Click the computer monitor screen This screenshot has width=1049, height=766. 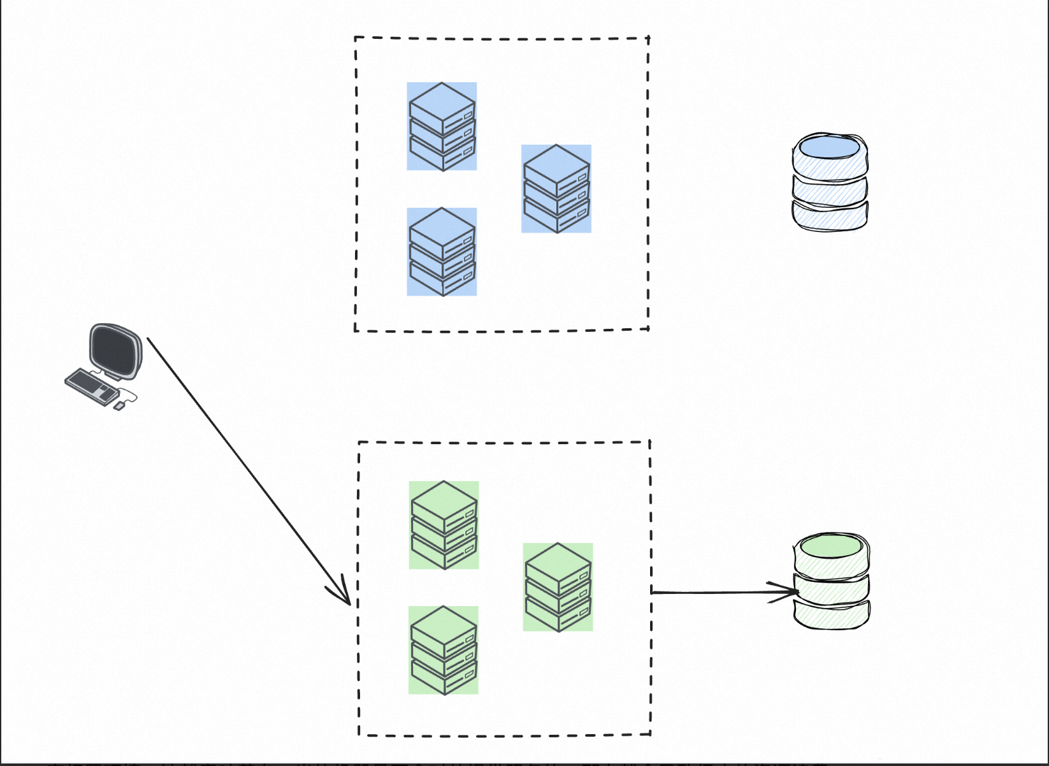coord(115,350)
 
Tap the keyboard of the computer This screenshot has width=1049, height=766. coord(90,385)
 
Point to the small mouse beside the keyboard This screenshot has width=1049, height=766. coord(119,406)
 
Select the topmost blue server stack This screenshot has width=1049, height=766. coord(442,126)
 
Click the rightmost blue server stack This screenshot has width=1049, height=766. coord(556,189)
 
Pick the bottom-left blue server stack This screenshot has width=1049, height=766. coord(442,252)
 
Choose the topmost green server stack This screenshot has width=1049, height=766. coord(444,524)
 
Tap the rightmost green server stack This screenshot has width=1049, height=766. coord(558,587)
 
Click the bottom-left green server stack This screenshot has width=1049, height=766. coord(443,650)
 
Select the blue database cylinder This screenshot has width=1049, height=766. coord(829,182)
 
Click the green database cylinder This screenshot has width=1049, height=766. coord(832,581)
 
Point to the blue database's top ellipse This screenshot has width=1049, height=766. coord(829,147)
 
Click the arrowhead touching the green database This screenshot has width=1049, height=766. coord(790,592)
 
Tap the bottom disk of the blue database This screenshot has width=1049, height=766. coord(829,217)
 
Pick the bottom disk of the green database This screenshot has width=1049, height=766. coord(832,615)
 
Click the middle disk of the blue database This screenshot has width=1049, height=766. coord(829,187)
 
